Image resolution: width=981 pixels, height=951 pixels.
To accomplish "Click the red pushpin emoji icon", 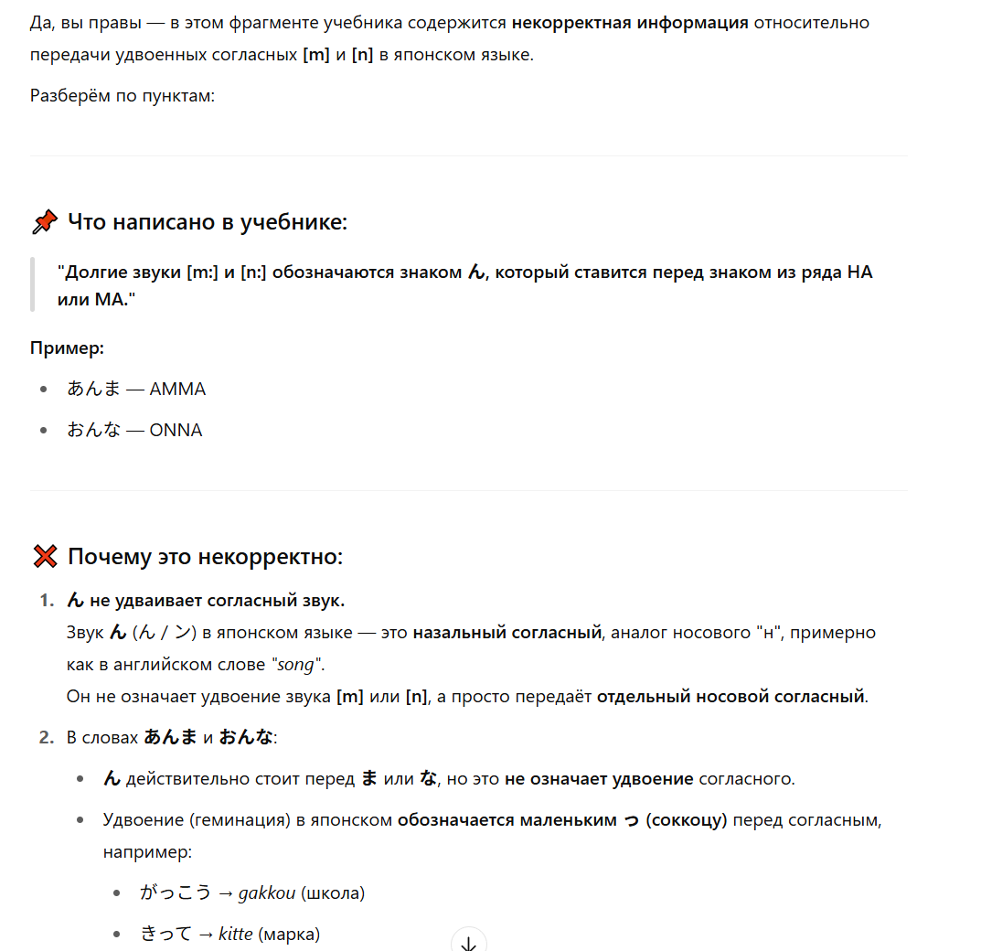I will (44, 222).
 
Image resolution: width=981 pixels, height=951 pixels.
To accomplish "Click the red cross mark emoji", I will (44, 557).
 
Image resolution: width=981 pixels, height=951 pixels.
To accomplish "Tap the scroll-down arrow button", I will (469, 942).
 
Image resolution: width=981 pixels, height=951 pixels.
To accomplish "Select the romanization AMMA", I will (177, 389).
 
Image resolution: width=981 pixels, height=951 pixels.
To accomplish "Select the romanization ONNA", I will (176, 430).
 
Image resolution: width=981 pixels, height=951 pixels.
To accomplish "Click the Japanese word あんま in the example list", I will (93, 389).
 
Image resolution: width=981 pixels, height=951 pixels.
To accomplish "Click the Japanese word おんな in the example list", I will (93, 430).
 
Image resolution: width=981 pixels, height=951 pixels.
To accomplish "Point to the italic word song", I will (294, 664).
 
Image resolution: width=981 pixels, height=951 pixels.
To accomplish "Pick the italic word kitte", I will (235, 935).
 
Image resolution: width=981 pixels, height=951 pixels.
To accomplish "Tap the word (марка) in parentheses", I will (289, 935).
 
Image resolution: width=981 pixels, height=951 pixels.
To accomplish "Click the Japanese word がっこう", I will (176, 893).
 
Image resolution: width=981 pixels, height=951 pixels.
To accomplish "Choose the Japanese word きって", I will (166, 935).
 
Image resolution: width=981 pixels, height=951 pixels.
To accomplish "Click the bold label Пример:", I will (67, 347).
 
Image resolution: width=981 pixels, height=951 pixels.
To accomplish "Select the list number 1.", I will (46, 600).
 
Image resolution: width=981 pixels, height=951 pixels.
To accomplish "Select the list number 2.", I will (46, 737).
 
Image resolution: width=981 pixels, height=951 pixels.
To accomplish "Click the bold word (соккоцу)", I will (686, 820).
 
